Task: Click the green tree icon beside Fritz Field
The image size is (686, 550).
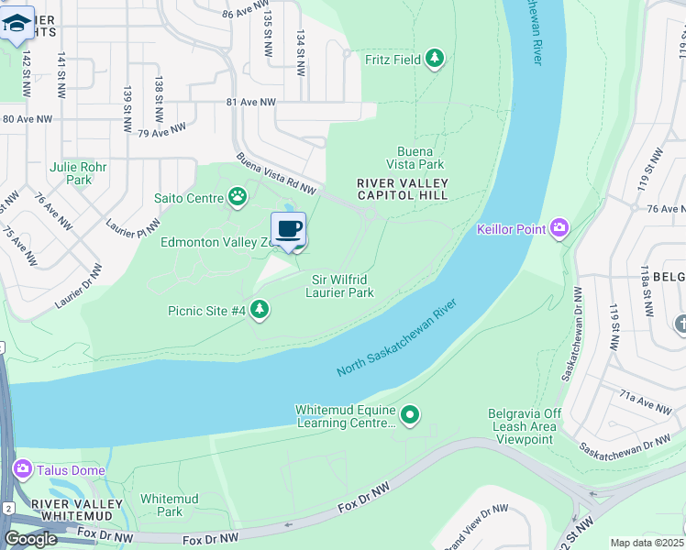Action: point(436,60)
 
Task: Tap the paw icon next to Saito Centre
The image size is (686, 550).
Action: point(238,196)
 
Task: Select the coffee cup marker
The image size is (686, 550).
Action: point(288,229)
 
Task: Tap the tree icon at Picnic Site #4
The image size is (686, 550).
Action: point(260,311)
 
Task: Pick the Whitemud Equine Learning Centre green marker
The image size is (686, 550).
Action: point(411,416)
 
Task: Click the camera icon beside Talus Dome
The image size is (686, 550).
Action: point(22,470)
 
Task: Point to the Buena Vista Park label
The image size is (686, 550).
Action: point(420,158)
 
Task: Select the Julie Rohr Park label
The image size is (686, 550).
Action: point(78,173)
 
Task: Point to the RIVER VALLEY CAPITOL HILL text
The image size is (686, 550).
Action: point(402,189)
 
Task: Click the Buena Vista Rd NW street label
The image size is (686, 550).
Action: point(275,173)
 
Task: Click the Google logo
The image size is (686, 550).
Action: point(31,539)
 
